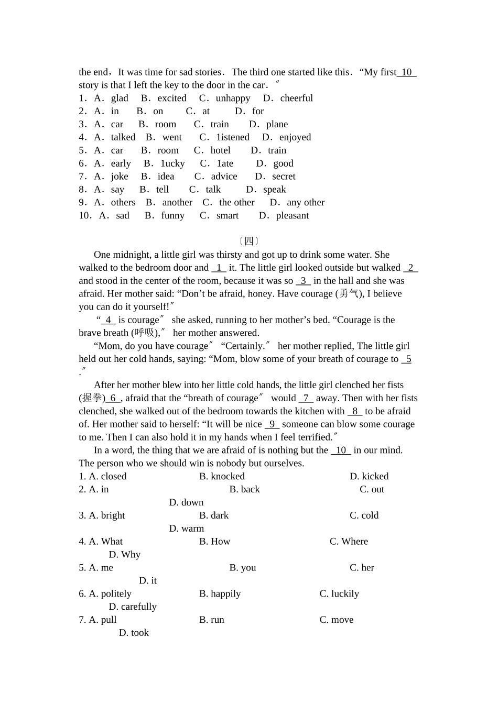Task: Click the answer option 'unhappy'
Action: [233, 98]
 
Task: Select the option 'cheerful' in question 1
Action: [296, 98]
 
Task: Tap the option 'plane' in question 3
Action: [277, 124]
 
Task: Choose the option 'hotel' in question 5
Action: [220, 150]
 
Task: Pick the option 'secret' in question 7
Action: [284, 177]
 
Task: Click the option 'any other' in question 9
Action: [306, 203]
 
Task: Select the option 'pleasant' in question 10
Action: [292, 216]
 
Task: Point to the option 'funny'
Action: [172, 216]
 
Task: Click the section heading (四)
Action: [249, 241]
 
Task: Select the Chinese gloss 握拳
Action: [91, 398]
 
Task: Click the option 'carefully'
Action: [138, 607]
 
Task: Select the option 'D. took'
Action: [134, 633]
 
